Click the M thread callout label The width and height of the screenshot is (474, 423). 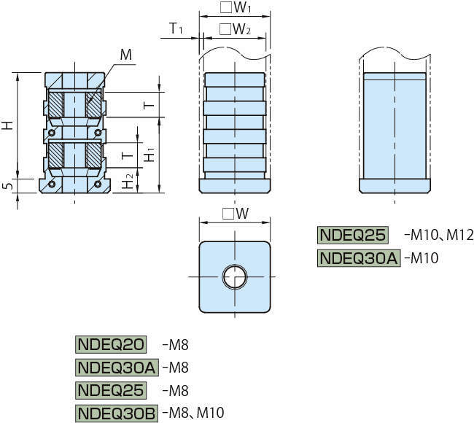click(125, 55)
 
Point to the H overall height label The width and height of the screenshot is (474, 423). click(7, 125)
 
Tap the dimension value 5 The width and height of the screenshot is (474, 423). click(7, 187)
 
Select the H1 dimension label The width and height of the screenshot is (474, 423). click(149, 155)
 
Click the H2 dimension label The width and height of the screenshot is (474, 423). click(129, 182)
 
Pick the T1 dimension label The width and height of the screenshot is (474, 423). click(176, 28)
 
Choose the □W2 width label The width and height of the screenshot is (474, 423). click(235, 29)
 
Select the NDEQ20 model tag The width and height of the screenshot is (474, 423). click(111, 344)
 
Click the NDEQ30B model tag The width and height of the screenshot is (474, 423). click(116, 413)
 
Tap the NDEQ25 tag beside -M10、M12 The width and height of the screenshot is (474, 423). click(354, 235)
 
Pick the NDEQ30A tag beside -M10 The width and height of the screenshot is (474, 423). click(359, 257)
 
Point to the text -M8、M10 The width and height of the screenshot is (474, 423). click(193, 413)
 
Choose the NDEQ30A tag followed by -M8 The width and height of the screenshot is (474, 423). click(116, 367)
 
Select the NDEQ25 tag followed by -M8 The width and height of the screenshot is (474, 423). click(111, 390)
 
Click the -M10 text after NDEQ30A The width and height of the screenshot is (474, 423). click(421, 257)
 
